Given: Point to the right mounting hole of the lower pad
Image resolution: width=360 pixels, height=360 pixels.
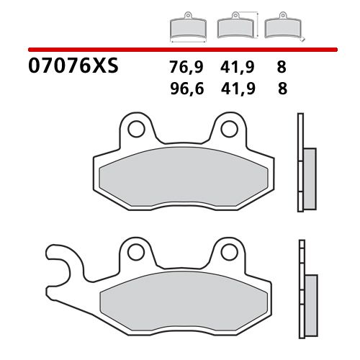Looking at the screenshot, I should click(x=229, y=252).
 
